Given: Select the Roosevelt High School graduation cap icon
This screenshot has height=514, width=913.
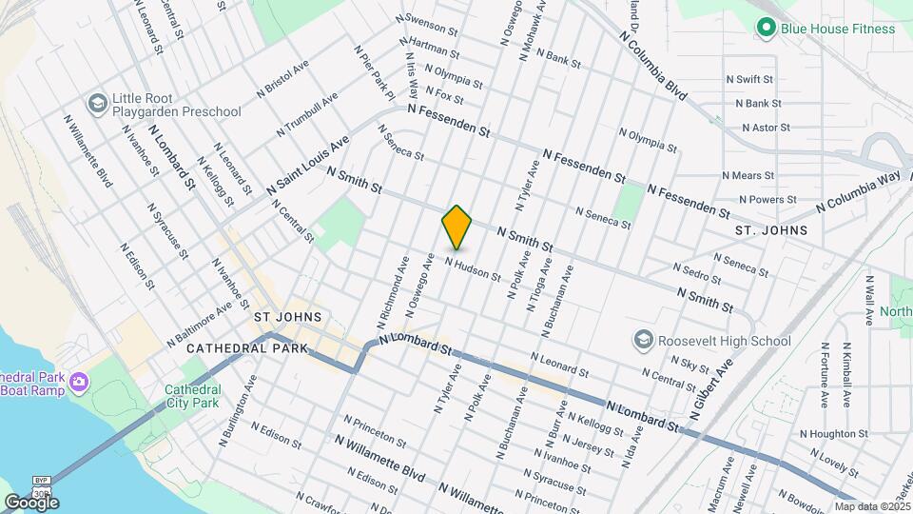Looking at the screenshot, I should (644, 340).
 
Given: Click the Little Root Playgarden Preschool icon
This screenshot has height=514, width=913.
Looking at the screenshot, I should (96, 103).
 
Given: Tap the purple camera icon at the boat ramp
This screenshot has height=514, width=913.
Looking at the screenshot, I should (80, 383).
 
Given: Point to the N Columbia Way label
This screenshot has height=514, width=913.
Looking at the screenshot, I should (859, 192).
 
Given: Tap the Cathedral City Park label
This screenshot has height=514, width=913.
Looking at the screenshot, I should (192, 397).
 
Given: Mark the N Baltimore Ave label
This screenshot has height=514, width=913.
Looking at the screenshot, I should (199, 324).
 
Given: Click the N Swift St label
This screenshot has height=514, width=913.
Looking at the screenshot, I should (749, 80).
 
